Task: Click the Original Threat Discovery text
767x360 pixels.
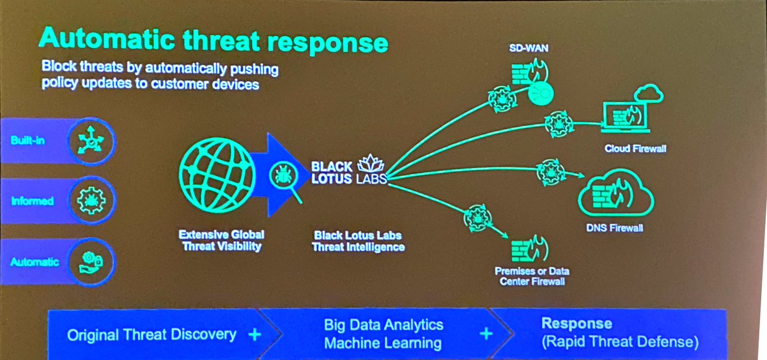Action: (152, 334)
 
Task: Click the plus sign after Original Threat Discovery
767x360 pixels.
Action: (254, 334)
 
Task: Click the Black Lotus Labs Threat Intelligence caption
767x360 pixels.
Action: (358, 240)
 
